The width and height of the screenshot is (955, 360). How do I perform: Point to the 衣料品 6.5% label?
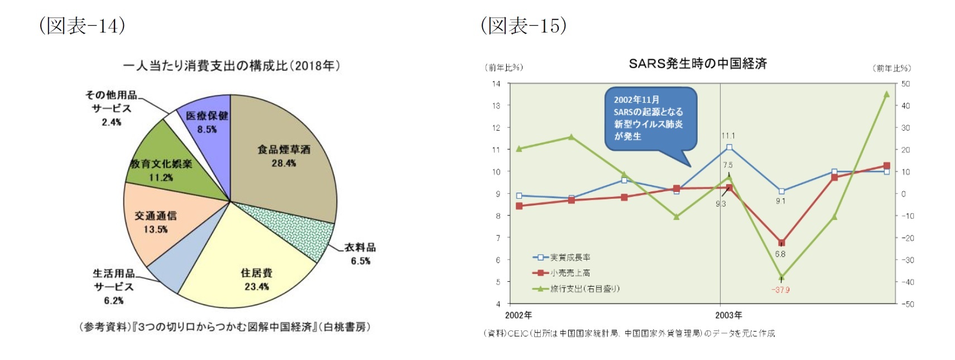pyautogui.click(x=360, y=254)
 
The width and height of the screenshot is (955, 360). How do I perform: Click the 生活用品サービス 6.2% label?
pyautogui.click(x=114, y=286)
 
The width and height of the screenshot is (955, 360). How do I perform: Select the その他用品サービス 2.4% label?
pyautogui.click(x=112, y=108)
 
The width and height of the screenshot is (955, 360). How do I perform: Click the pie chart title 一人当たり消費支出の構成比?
pyautogui.click(x=231, y=66)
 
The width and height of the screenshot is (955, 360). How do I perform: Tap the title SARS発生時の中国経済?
pyautogui.click(x=697, y=64)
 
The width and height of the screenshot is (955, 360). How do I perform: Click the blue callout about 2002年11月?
pyautogui.click(x=650, y=118)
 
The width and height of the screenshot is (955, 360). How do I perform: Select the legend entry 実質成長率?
pyautogui.click(x=570, y=257)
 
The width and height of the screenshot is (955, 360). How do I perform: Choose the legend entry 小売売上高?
pyautogui.click(x=570, y=273)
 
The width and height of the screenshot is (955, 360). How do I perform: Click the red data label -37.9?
pyautogui.click(x=780, y=290)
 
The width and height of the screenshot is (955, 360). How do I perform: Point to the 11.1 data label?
pyautogui.click(x=728, y=136)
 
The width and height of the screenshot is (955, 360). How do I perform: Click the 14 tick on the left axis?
pyautogui.click(x=496, y=84)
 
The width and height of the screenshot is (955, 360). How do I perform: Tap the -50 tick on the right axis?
pyautogui.click(x=908, y=304)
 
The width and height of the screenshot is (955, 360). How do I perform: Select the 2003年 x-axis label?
pyautogui.click(x=728, y=315)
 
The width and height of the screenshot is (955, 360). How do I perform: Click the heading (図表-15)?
pyautogui.click(x=524, y=26)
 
